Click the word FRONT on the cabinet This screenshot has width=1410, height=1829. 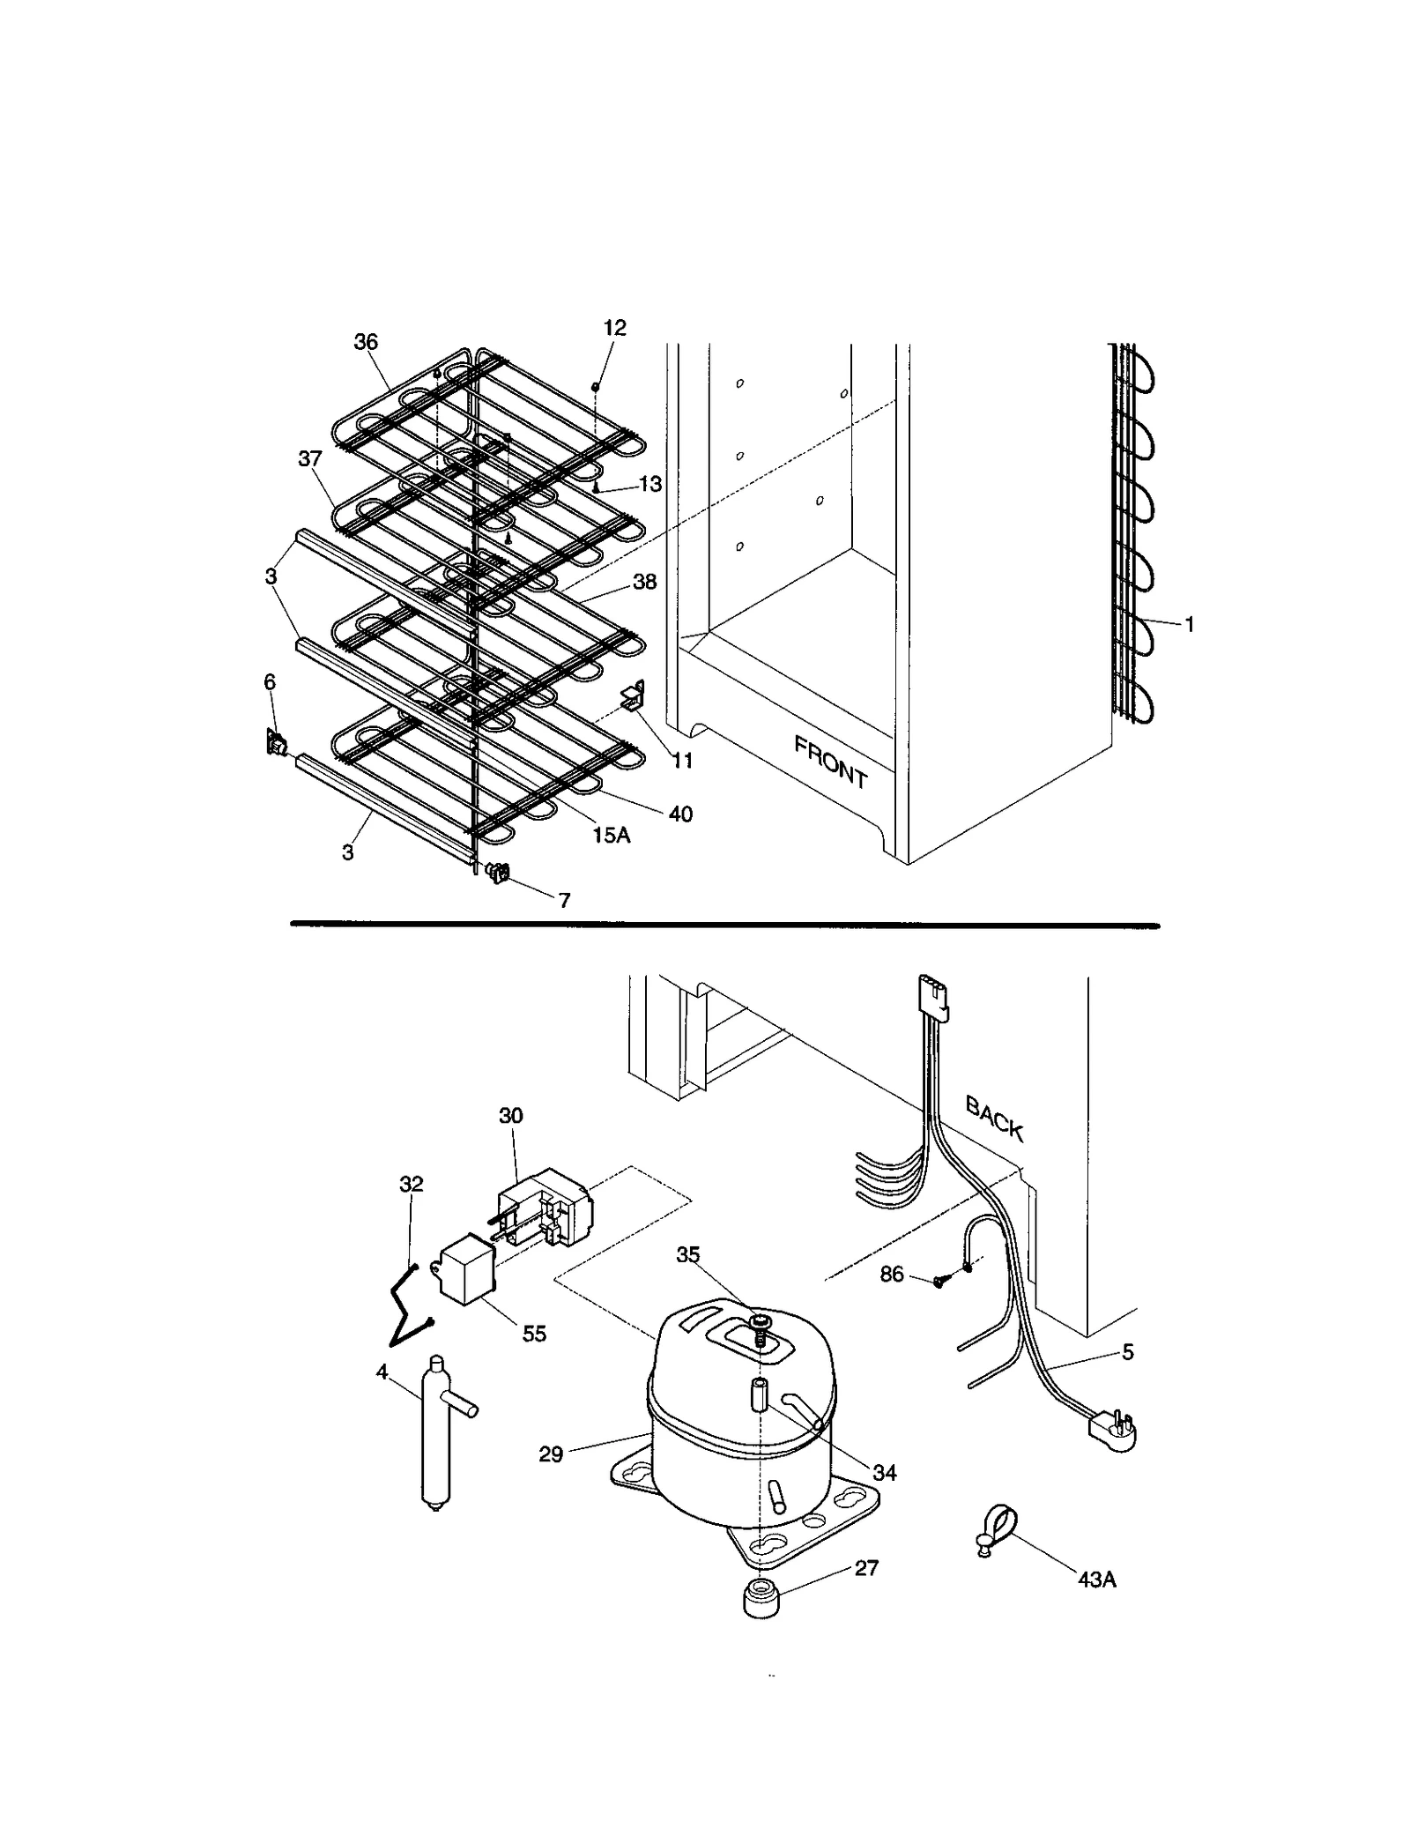click(x=830, y=762)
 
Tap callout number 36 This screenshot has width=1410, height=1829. click(x=366, y=342)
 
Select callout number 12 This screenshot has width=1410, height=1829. click(x=614, y=328)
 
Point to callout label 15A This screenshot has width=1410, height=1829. click(x=611, y=835)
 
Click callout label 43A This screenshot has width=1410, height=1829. click(x=1096, y=1580)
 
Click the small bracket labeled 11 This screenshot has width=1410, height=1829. click(x=634, y=696)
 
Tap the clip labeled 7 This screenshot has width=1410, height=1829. click(x=499, y=873)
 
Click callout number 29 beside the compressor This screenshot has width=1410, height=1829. click(x=551, y=1454)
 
